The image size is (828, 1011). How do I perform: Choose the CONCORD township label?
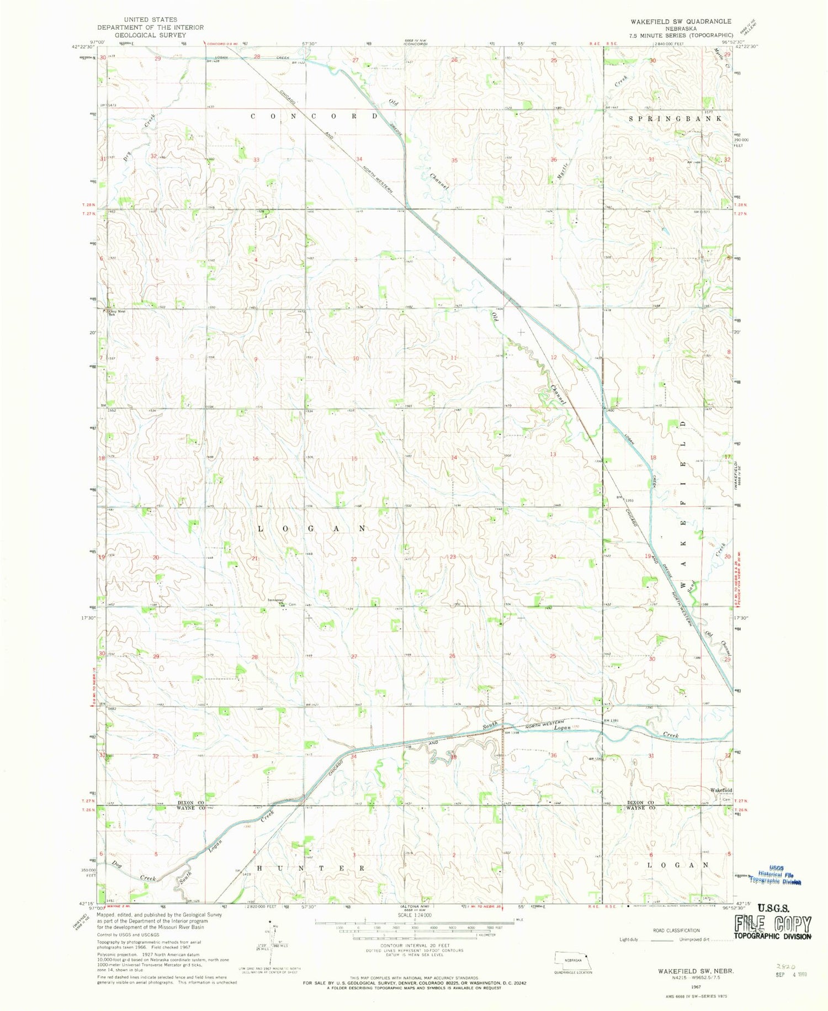click(x=315, y=117)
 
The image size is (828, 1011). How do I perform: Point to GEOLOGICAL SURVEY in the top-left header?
click(x=150, y=35)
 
